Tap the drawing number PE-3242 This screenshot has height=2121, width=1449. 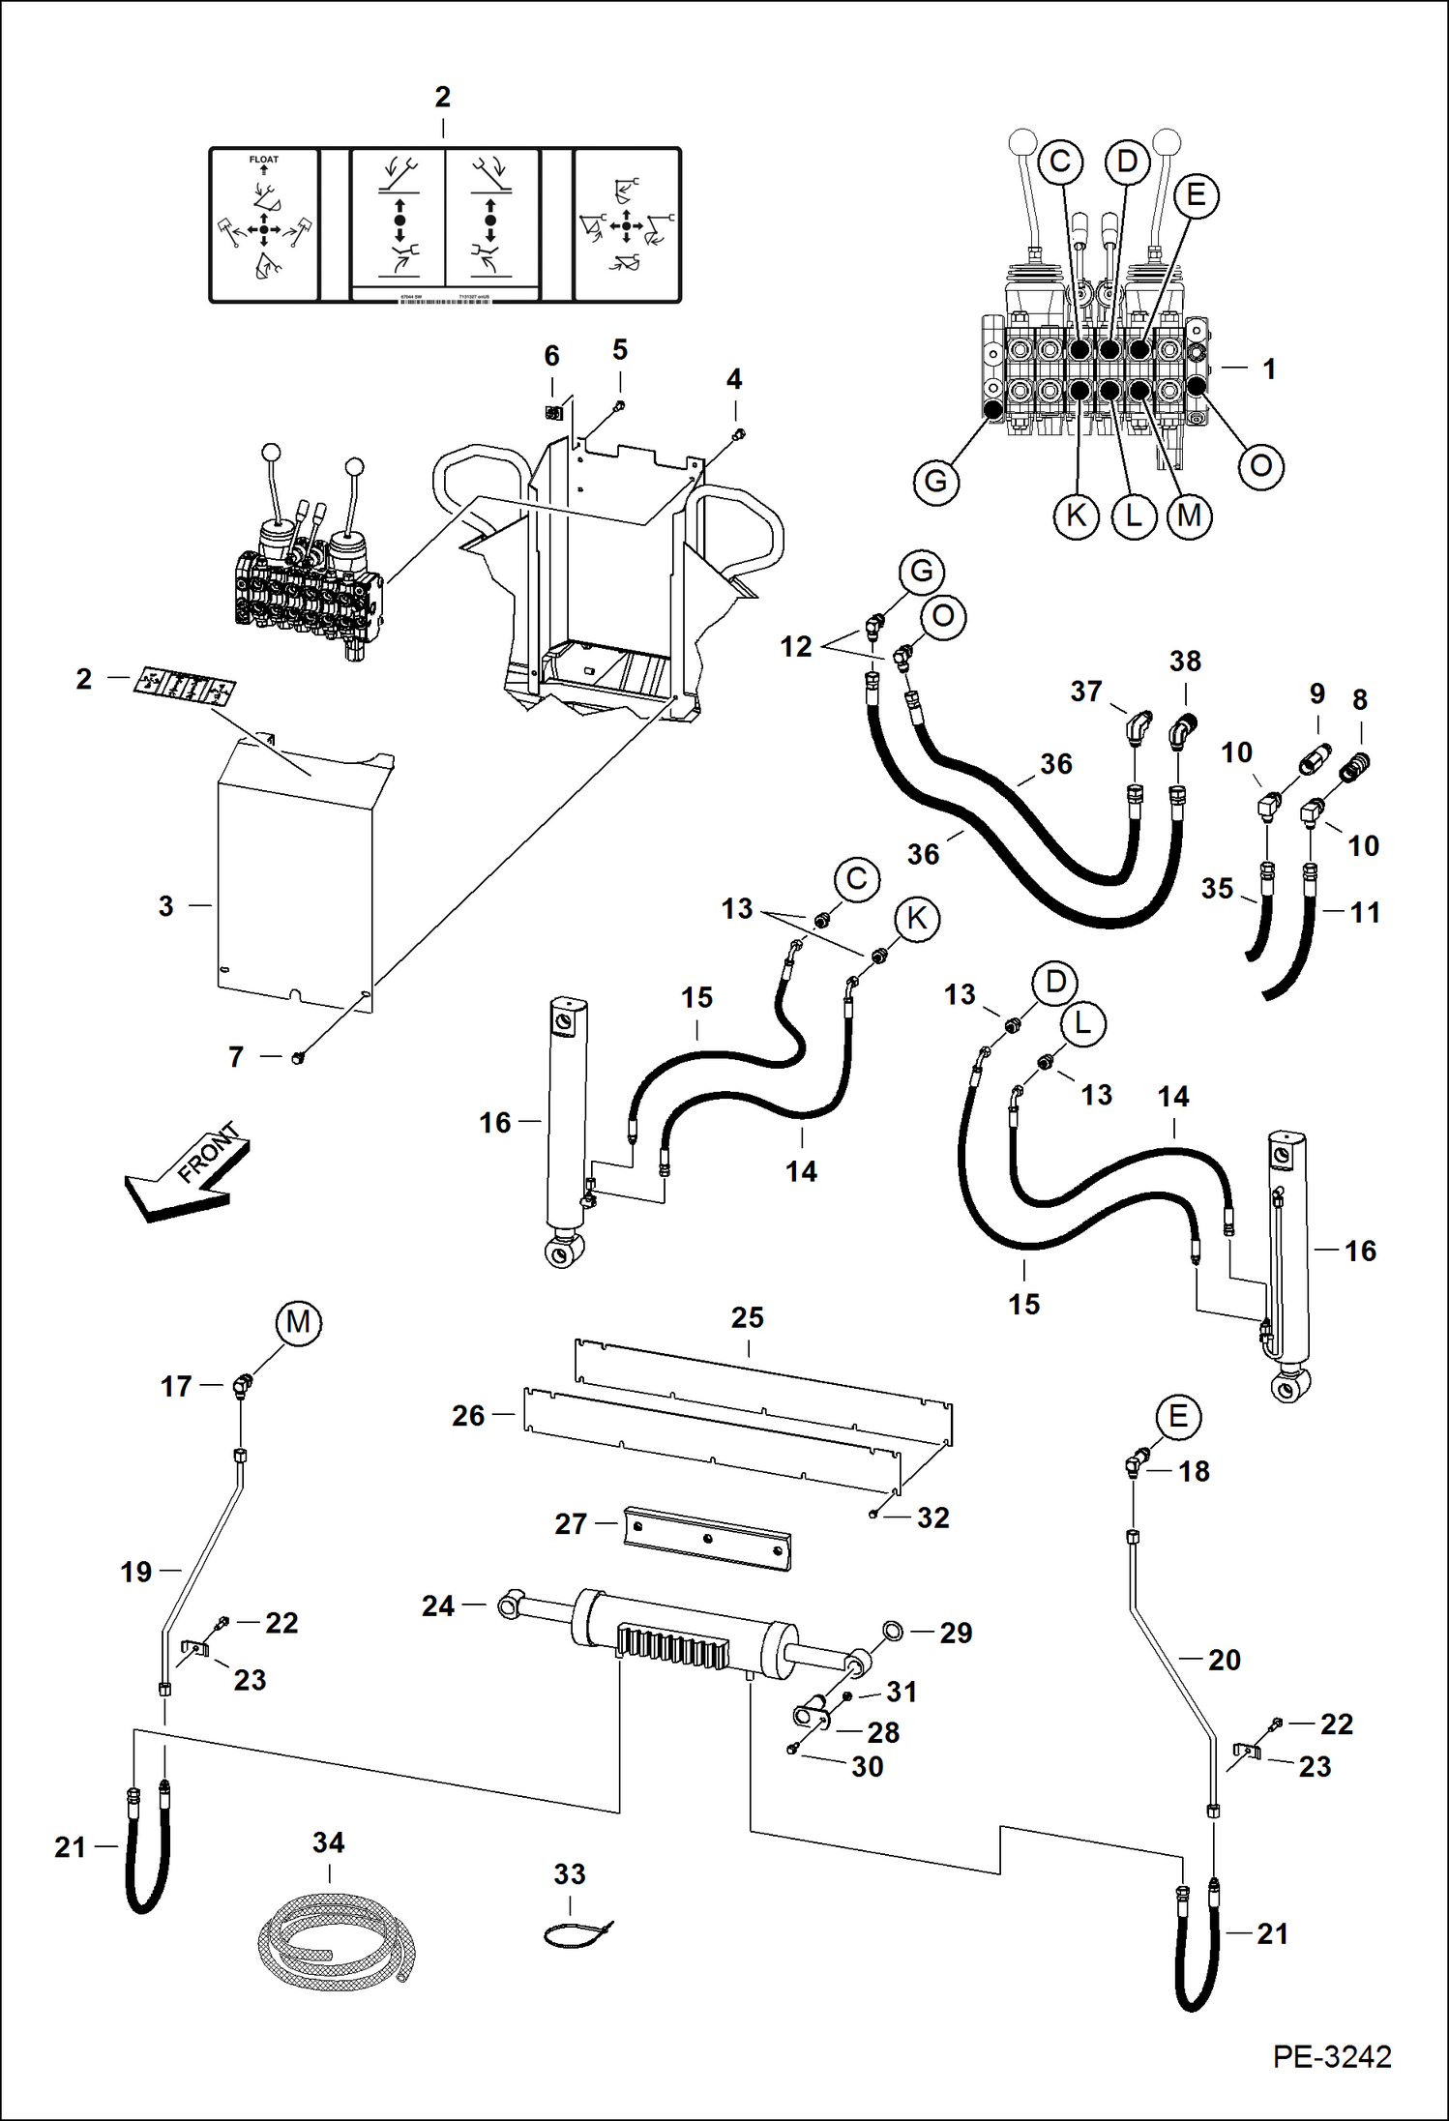1331,2056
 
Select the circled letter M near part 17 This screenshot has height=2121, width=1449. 298,1322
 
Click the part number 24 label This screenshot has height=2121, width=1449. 438,1606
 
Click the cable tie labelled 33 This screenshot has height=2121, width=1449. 577,1934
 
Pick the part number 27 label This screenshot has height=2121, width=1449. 571,1524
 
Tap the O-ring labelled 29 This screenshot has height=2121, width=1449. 892,1632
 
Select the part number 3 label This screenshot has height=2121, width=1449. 166,906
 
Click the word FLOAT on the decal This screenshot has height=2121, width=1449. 263,160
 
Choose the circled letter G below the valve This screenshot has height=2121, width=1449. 935,481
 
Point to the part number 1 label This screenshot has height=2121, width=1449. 1269,368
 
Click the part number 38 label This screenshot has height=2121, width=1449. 1185,662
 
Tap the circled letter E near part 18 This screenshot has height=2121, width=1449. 1177,1417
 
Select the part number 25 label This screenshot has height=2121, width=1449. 747,1317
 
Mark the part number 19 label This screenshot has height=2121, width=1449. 136,1572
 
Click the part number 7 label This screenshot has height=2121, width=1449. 236,1057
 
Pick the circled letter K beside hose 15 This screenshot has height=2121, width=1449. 916,918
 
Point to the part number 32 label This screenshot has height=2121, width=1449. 932,1517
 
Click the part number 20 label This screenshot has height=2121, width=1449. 1224,1660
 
